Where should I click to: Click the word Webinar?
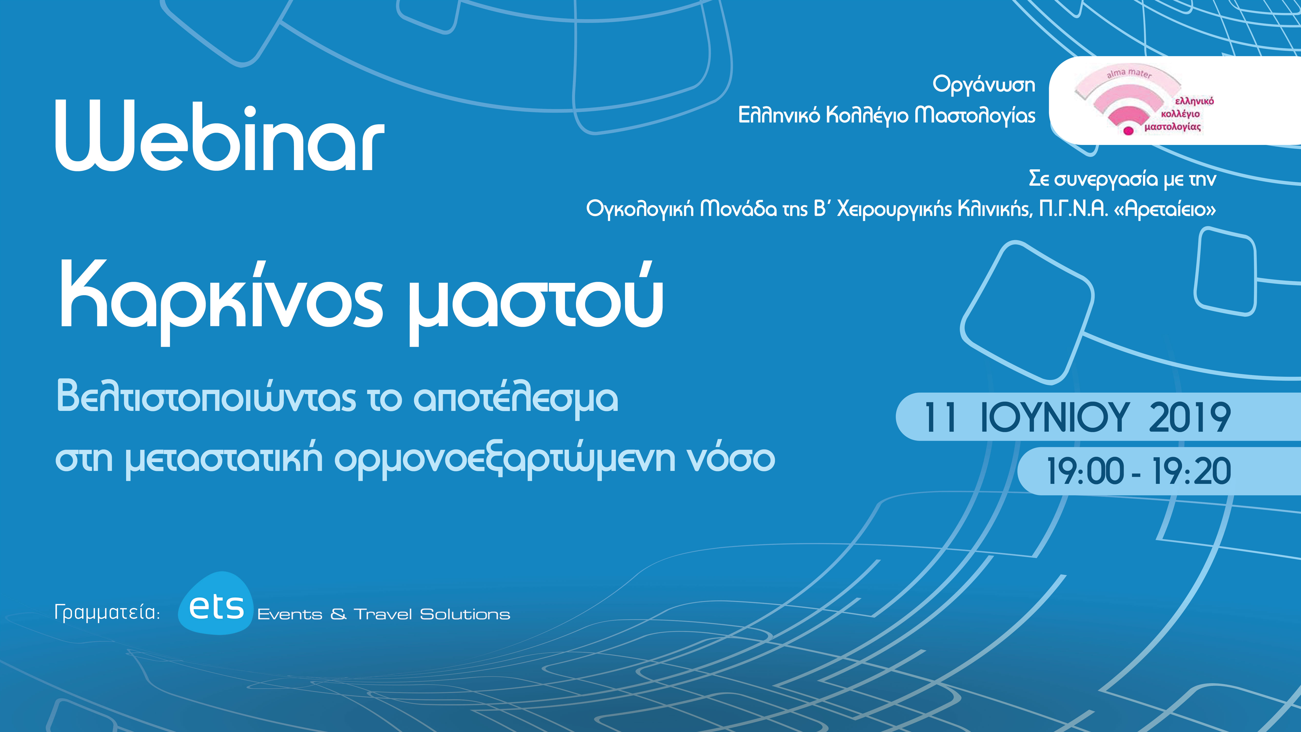pos(220,135)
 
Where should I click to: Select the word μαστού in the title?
pos(535,303)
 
